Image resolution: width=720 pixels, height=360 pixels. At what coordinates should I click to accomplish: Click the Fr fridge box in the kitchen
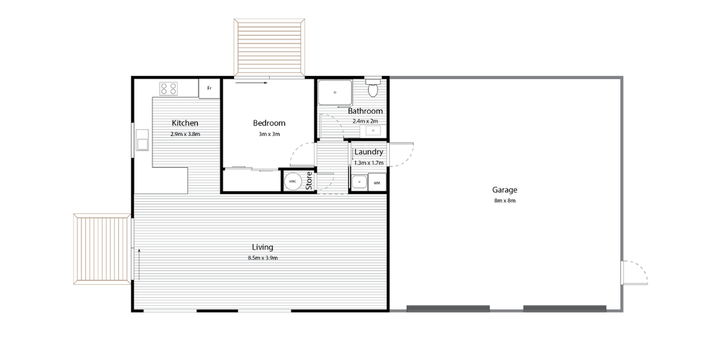click(x=209, y=89)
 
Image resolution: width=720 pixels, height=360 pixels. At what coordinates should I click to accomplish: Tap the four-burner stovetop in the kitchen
click(x=168, y=89)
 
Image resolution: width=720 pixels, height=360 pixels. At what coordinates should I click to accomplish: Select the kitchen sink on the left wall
click(x=142, y=140)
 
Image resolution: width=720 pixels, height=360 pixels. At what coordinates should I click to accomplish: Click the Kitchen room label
click(x=185, y=123)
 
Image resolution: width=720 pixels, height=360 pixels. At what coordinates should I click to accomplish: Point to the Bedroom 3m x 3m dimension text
click(x=269, y=134)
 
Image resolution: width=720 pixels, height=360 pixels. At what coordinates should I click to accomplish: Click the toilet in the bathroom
click(x=373, y=87)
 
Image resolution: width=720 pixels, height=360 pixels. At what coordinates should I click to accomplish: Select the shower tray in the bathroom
click(x=335, y=93)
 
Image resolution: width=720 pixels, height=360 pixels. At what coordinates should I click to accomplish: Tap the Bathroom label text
click(x=365, y=111)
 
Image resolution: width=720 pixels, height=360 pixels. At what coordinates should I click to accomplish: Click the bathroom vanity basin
click(x=373, y=130)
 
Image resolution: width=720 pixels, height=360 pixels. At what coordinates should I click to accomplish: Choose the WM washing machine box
click(x=377, y=183)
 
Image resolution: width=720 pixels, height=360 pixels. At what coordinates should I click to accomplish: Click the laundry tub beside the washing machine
click(x=359, y=182)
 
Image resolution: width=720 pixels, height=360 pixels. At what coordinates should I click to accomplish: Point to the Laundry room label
click(x=369, y=152)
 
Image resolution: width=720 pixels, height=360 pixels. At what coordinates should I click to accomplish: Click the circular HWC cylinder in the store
click(x=293, y=182)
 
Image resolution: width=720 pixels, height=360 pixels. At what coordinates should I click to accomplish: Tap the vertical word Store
click(x=309, y=181)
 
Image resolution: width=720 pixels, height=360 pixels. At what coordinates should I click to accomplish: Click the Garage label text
click(x=505, y=190)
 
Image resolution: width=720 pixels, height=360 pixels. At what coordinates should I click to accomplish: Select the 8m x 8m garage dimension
click(x=505, y=201)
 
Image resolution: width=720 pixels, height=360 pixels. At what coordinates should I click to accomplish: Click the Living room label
click(x=262, y=247)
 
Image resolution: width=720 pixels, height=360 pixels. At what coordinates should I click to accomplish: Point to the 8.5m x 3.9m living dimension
click(x=262, y=258)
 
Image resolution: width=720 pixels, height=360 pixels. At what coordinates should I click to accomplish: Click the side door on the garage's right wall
click(x=634, y=273)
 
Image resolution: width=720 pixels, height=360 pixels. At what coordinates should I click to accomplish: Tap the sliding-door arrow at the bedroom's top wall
click(x=251, y=83)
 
